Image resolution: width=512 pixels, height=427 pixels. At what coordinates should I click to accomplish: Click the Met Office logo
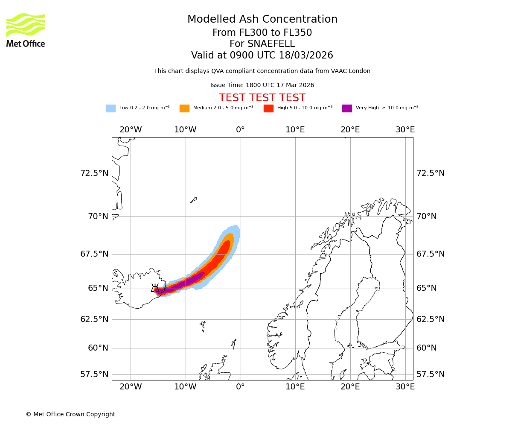26,30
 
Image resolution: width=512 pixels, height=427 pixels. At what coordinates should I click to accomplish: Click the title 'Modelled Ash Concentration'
262,20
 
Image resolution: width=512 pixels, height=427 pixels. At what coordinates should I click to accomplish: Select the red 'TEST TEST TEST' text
262,98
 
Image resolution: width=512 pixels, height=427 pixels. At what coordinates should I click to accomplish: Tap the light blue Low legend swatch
111,108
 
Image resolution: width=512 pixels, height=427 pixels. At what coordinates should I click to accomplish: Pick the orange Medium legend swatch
184,108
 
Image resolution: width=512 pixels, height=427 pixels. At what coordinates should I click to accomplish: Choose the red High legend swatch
268,108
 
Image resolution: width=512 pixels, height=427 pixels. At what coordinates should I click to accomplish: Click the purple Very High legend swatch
347,108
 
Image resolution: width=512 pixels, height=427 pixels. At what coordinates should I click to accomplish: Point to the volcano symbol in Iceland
155,288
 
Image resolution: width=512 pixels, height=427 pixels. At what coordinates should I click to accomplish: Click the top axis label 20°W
131,130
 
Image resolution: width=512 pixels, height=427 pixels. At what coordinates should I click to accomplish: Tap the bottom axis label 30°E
405,387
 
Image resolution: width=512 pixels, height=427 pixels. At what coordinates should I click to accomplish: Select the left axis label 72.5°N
94,173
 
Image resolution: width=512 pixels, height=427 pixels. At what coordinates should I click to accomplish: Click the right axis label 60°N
427,348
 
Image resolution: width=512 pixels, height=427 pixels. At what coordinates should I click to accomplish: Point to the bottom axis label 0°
240,387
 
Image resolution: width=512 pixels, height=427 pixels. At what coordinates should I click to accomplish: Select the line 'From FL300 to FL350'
262,33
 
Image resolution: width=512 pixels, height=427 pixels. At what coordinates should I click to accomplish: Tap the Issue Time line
262,85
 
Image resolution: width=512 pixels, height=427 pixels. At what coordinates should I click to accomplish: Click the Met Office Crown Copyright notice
70,414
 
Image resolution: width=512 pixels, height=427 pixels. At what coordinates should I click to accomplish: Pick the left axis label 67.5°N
94,254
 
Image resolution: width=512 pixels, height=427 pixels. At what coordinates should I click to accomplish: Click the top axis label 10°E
295,130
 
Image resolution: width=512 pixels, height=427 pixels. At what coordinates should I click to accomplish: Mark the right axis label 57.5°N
431,374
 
